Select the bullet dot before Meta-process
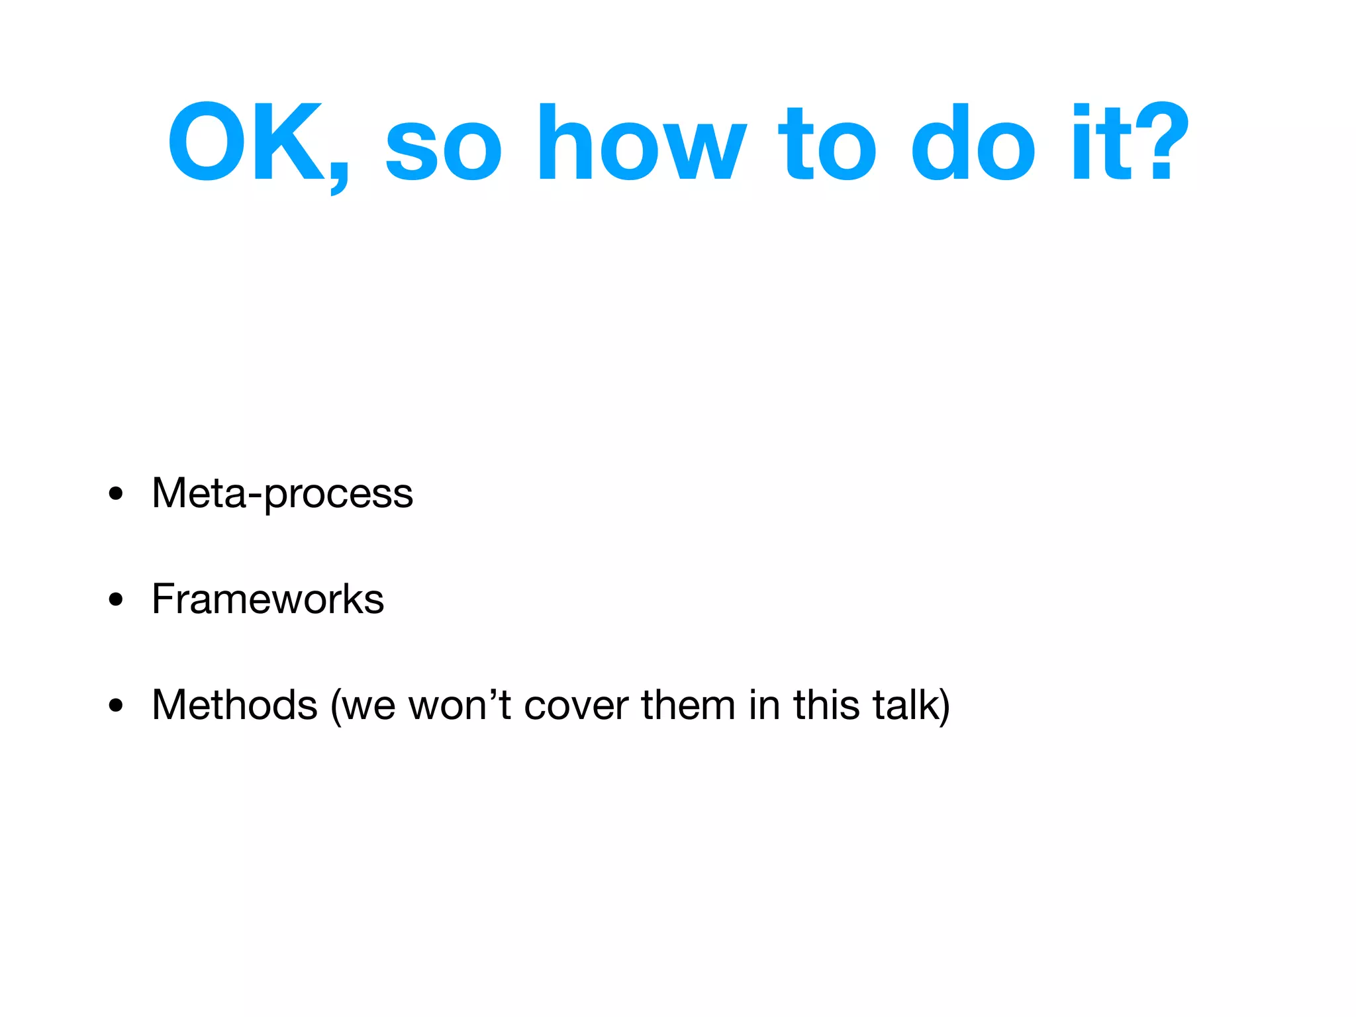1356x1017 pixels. pos(116,494)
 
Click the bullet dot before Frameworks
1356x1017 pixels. pos(116,600)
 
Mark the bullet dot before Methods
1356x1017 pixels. pos(116,706)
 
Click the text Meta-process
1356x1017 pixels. pos(282,494)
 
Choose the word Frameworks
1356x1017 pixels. pos(267,599)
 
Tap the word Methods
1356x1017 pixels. pos(234,705)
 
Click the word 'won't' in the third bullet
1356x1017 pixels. pos(460,705)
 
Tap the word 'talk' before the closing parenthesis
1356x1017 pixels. pos(906,705)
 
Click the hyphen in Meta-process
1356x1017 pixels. pos(256,497)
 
